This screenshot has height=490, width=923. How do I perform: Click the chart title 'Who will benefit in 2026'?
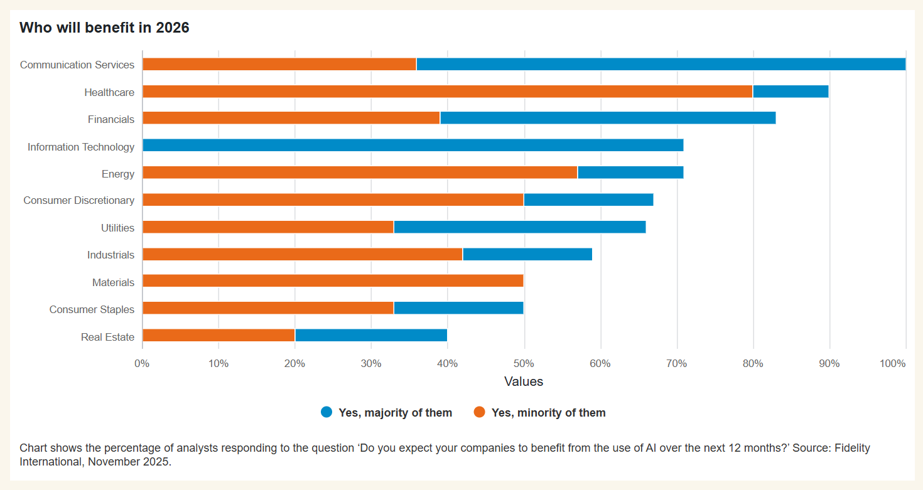click(x=104, y=28)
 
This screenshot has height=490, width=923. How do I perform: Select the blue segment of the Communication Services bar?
click(x=661, y=64)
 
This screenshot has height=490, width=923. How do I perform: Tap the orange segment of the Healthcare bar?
click(x=447, y=92)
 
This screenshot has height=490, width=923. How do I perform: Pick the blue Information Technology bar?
click(x=413, y=146)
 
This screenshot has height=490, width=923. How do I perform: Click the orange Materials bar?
click(x=333, y=282)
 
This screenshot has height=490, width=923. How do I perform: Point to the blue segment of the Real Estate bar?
click(x=371, y=336)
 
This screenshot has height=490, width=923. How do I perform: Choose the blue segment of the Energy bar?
click(x=630, y=173)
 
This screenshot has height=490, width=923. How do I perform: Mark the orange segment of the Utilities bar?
click(x=268, y=227)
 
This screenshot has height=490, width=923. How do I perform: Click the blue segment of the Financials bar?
click(x=608, y=118)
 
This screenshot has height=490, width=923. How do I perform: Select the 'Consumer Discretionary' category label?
click(x=78, y=201)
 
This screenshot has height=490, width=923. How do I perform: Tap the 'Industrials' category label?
click(x=111, y=255)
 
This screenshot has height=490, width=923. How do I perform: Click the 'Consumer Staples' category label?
click(x=92, y=310)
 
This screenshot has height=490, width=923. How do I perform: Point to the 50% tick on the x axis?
click(x=524, y=364)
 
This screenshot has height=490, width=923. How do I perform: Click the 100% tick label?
click(x=892, y=364)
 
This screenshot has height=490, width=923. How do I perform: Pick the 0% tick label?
click(x=143, y=364)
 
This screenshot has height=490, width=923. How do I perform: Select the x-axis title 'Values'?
click(x=524, y=381)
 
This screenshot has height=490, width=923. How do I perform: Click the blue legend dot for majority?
click(x=327, y=412)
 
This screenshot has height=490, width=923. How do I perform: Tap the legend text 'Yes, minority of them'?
click(x=548, y=413)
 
